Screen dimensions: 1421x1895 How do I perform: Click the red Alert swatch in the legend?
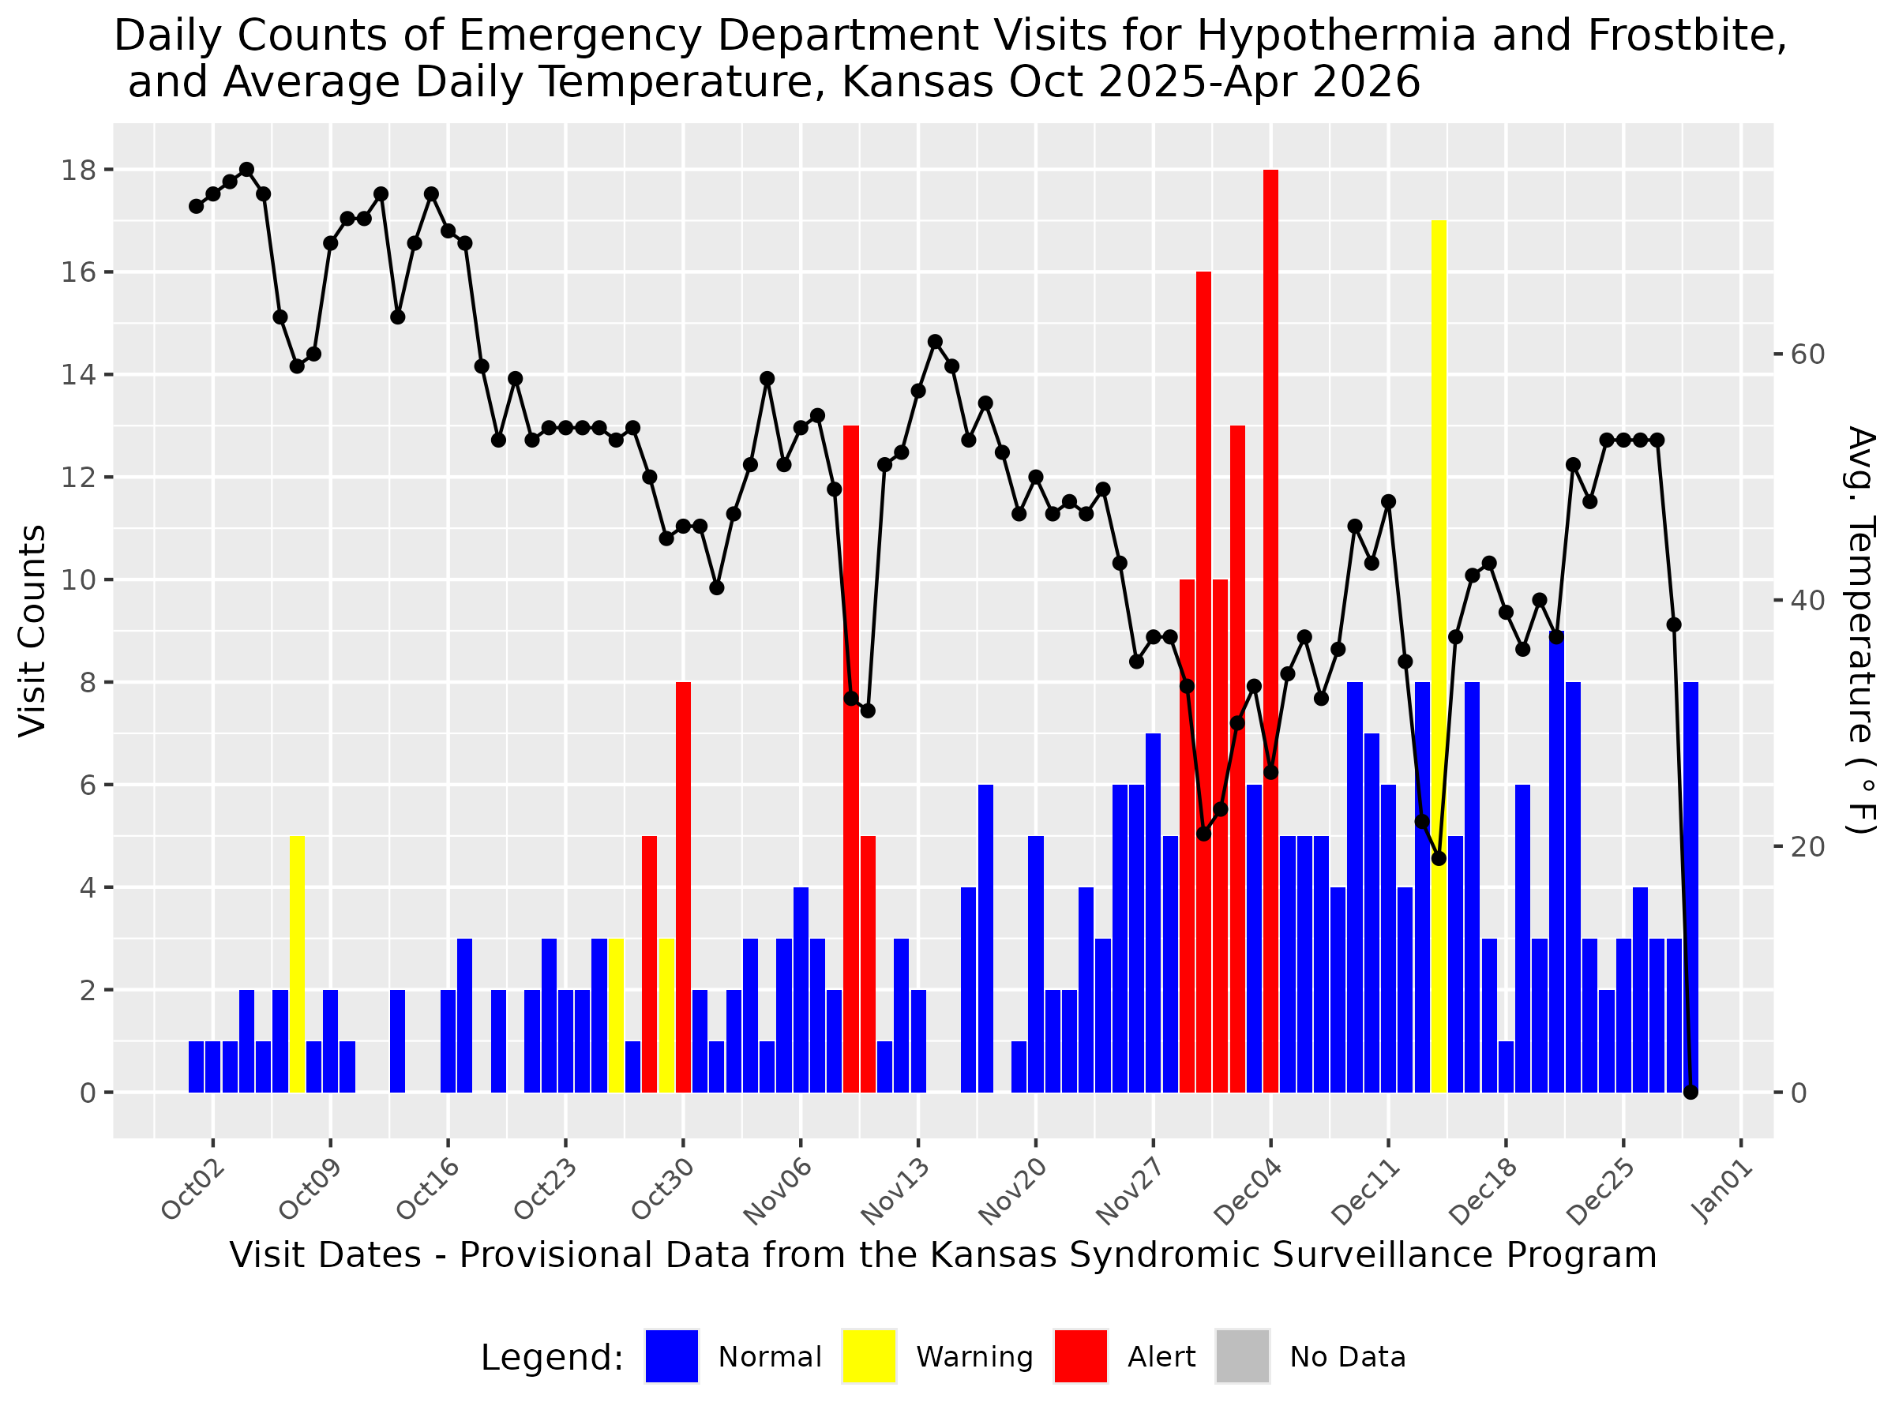pos(1080,1357)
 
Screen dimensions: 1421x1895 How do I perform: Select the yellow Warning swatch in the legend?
pos(869,1357)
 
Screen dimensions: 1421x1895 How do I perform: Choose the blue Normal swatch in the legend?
pos(672,1357)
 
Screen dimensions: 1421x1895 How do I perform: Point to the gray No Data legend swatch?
pos(1242,1357)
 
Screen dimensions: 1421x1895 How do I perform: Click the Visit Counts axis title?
pos(32,631)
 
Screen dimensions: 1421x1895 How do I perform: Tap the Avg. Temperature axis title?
pos(1861,631)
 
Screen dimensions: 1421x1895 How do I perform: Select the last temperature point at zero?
pos(1690,1092)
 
